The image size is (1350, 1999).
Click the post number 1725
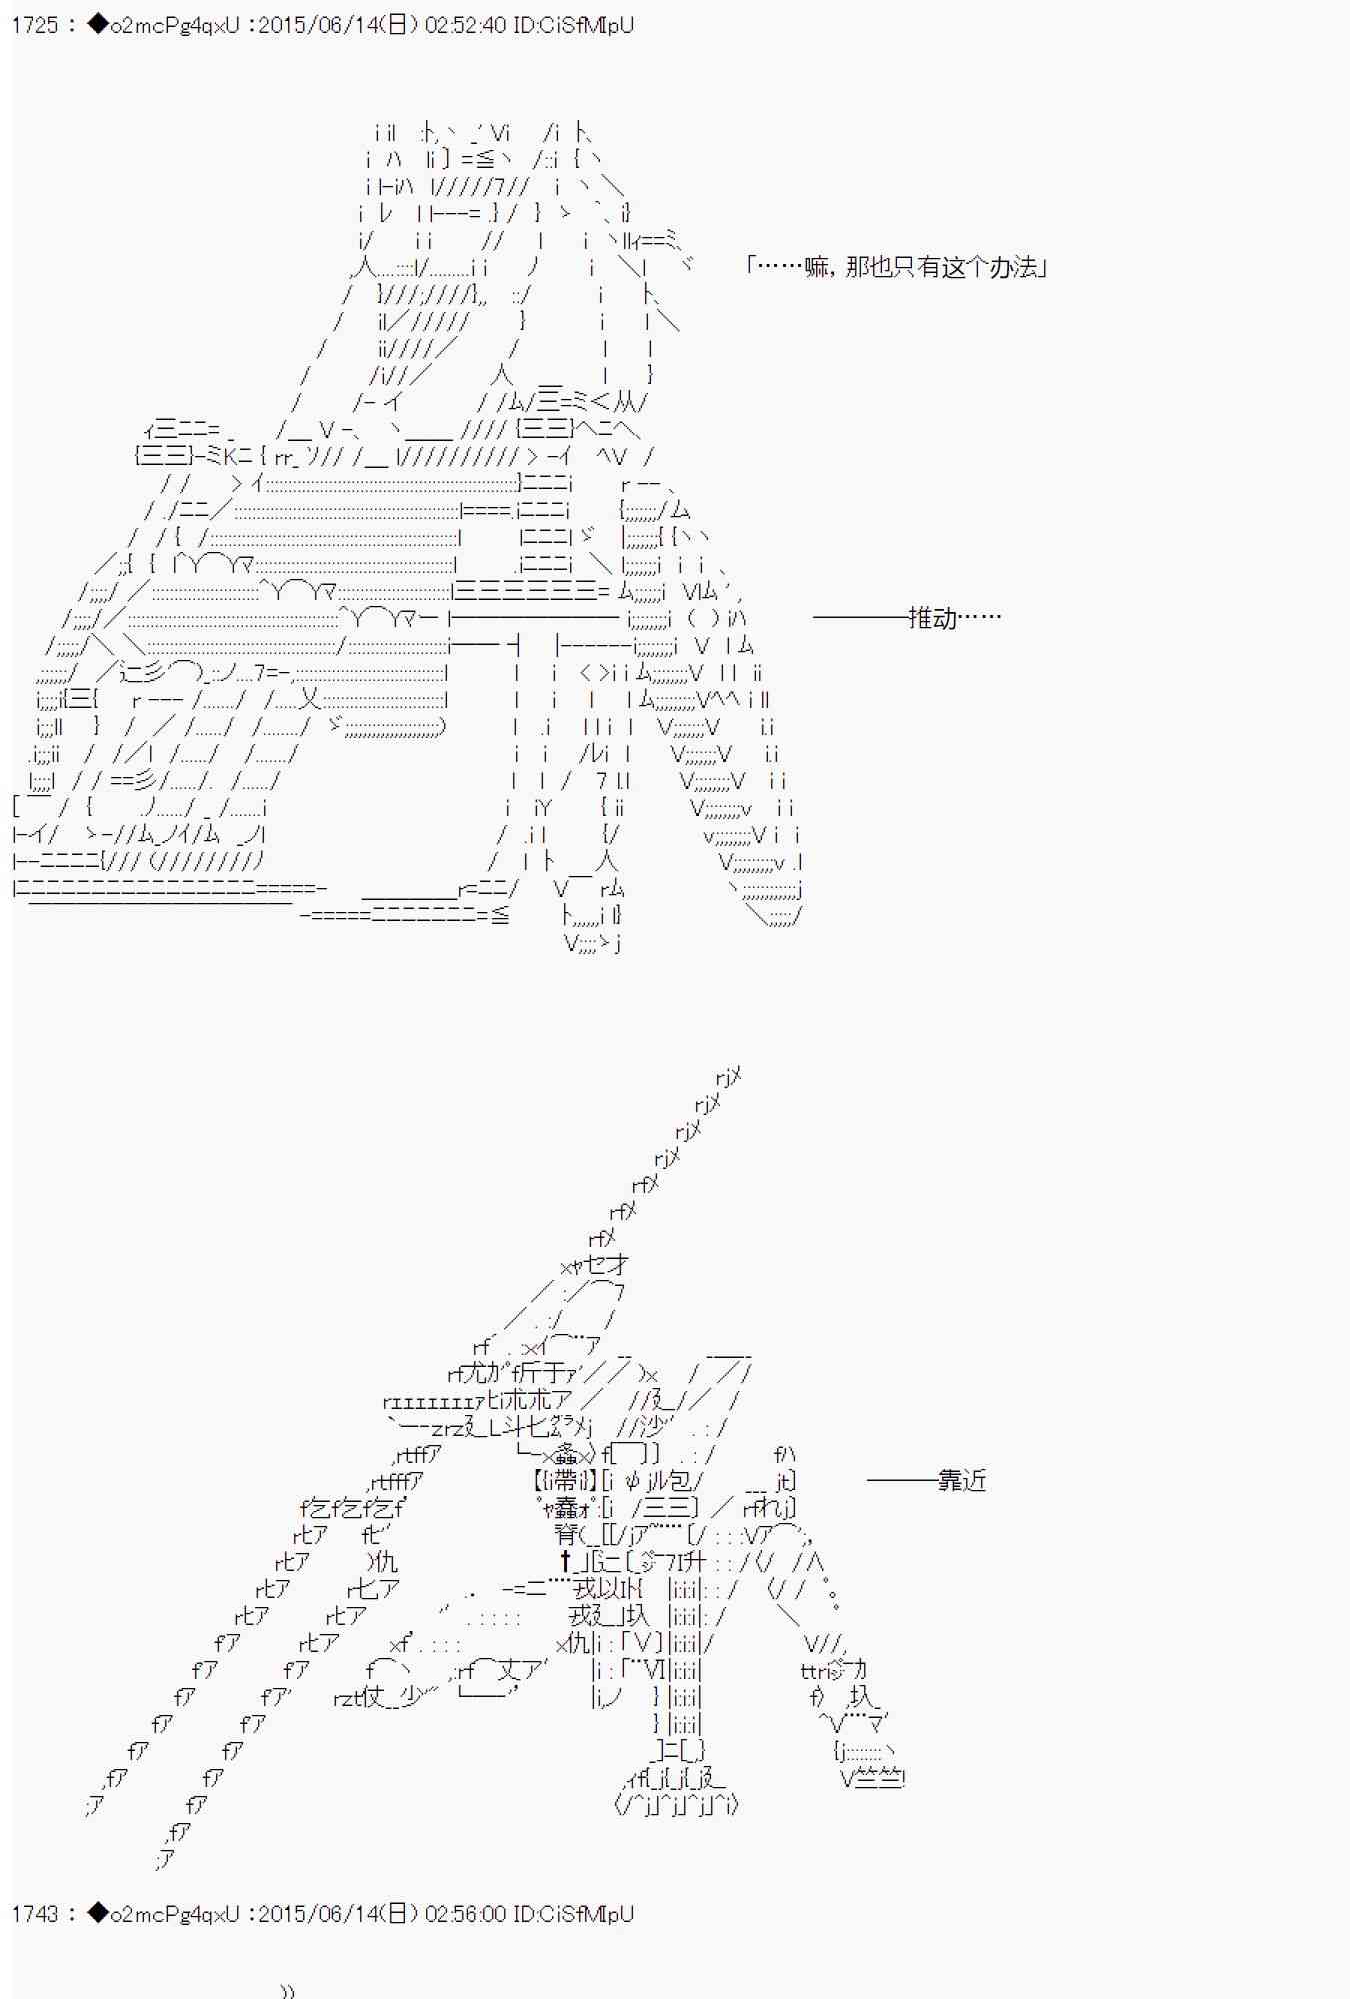35,25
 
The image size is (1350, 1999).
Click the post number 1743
35,1913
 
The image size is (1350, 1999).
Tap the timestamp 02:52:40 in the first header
465,25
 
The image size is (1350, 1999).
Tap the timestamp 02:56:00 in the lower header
465,1913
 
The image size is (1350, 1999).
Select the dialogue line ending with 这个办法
896,267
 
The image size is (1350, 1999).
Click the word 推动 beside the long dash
932,617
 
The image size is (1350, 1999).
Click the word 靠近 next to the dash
961,1480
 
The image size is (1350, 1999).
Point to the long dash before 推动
858,617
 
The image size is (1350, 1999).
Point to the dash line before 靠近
900,1480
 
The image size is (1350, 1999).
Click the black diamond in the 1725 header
97,25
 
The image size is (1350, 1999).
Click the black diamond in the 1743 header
97,1913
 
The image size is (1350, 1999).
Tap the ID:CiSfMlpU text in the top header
572,25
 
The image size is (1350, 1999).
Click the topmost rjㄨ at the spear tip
728,1076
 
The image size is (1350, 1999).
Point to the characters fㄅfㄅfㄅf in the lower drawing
352,1507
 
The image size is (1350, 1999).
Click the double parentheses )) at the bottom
288,1990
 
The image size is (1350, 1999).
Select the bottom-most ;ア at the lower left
165,1859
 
